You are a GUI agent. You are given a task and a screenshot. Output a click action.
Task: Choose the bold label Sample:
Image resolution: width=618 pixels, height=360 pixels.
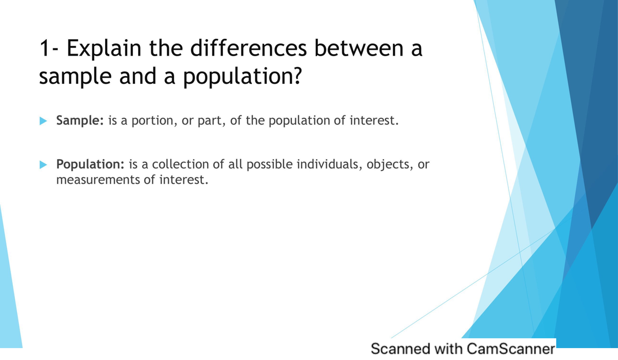tap(80, 121)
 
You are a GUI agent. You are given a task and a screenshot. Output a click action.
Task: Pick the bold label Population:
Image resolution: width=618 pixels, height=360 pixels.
tap(90, 164)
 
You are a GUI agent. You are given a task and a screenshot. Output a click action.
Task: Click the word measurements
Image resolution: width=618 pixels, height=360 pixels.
tap(97, 180)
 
